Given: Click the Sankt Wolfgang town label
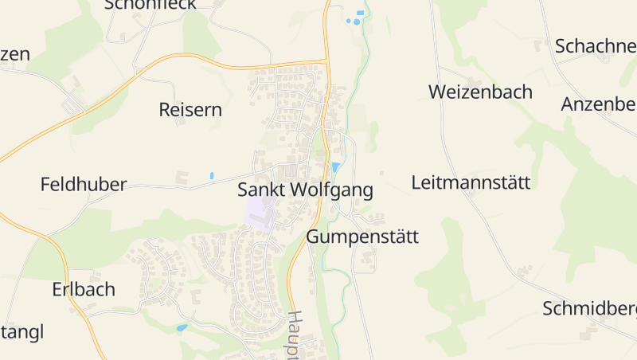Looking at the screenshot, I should coord(305,191).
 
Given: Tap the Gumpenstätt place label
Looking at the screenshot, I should coord(362,237).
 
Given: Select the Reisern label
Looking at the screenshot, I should coord(190,110).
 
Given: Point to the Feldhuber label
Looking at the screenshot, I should coord(84,185).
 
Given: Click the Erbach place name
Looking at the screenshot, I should coord(84,289).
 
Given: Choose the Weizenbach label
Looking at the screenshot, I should coord(480,92).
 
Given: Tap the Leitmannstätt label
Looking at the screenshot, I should coord(471,183).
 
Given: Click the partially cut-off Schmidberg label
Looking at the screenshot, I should coord(589,308).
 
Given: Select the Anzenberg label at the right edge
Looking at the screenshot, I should coord(598,104).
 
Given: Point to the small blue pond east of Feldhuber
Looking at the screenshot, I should coord(212,175).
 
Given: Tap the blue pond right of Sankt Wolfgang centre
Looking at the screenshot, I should coord(335,167).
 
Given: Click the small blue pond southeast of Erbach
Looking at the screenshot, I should coord(182,327).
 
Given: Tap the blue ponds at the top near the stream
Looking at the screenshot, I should coord(355,18).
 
